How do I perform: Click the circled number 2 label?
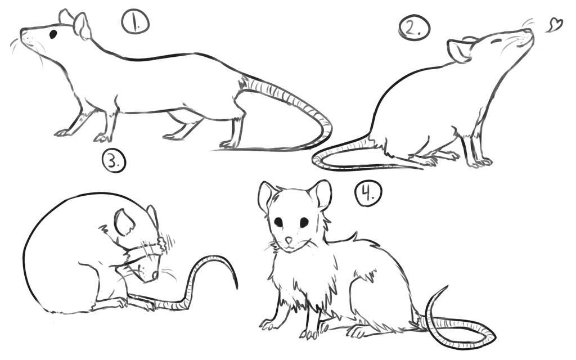click(414, 28)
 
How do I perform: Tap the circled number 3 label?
click(114, 161)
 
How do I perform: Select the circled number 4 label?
click(368, 193)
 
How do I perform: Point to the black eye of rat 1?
click(53, 34)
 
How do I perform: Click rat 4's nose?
click(289, 240)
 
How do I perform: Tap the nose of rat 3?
click(155, 274)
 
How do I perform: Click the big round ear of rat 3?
click(124, 223)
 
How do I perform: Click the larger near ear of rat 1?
click(82, 26)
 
